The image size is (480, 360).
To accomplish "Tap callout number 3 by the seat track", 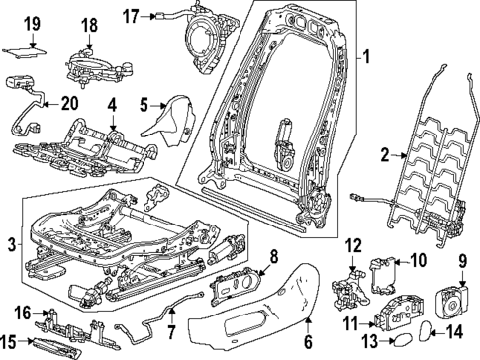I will pyautogui.click(x=10, y=244).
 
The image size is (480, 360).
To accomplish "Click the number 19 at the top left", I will pyautogui.click(x=31, y=23).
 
